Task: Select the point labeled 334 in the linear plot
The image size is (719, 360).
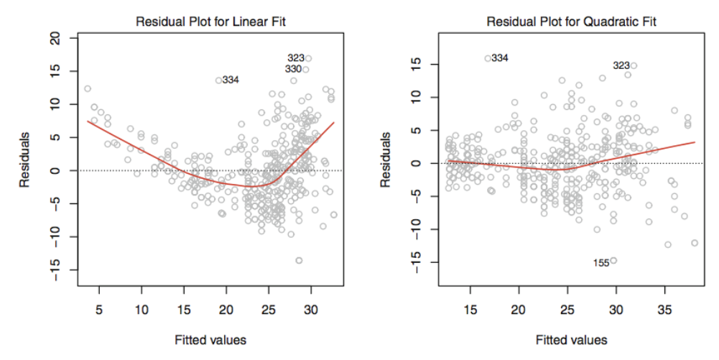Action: (x=218, y=80)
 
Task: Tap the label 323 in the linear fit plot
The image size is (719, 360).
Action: (x=296, y=57)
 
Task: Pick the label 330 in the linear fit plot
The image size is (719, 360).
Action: (x=293, y=69)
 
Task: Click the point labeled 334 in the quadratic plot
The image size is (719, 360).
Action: (x=488, y=58)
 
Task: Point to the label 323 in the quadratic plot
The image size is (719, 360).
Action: (x=621, y=65)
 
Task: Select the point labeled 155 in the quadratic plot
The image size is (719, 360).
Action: (x=613, y=260)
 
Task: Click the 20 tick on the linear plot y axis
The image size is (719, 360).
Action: (x=55, y=38)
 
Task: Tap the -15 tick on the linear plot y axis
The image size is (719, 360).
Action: (x=55, y=269)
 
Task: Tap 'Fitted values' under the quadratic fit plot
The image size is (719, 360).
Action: (x=570, y=339)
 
